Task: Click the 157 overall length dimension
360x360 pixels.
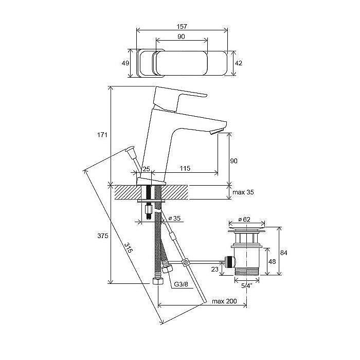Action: point(182,25)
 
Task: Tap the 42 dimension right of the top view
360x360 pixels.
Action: point(238,63)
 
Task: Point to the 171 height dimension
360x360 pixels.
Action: point(102,135)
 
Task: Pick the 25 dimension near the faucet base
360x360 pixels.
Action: point(146,169)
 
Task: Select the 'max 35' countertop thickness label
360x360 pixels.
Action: point(243,192)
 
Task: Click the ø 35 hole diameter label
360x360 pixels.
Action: point(174,219)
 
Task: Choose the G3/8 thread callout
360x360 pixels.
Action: point(179,284)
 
